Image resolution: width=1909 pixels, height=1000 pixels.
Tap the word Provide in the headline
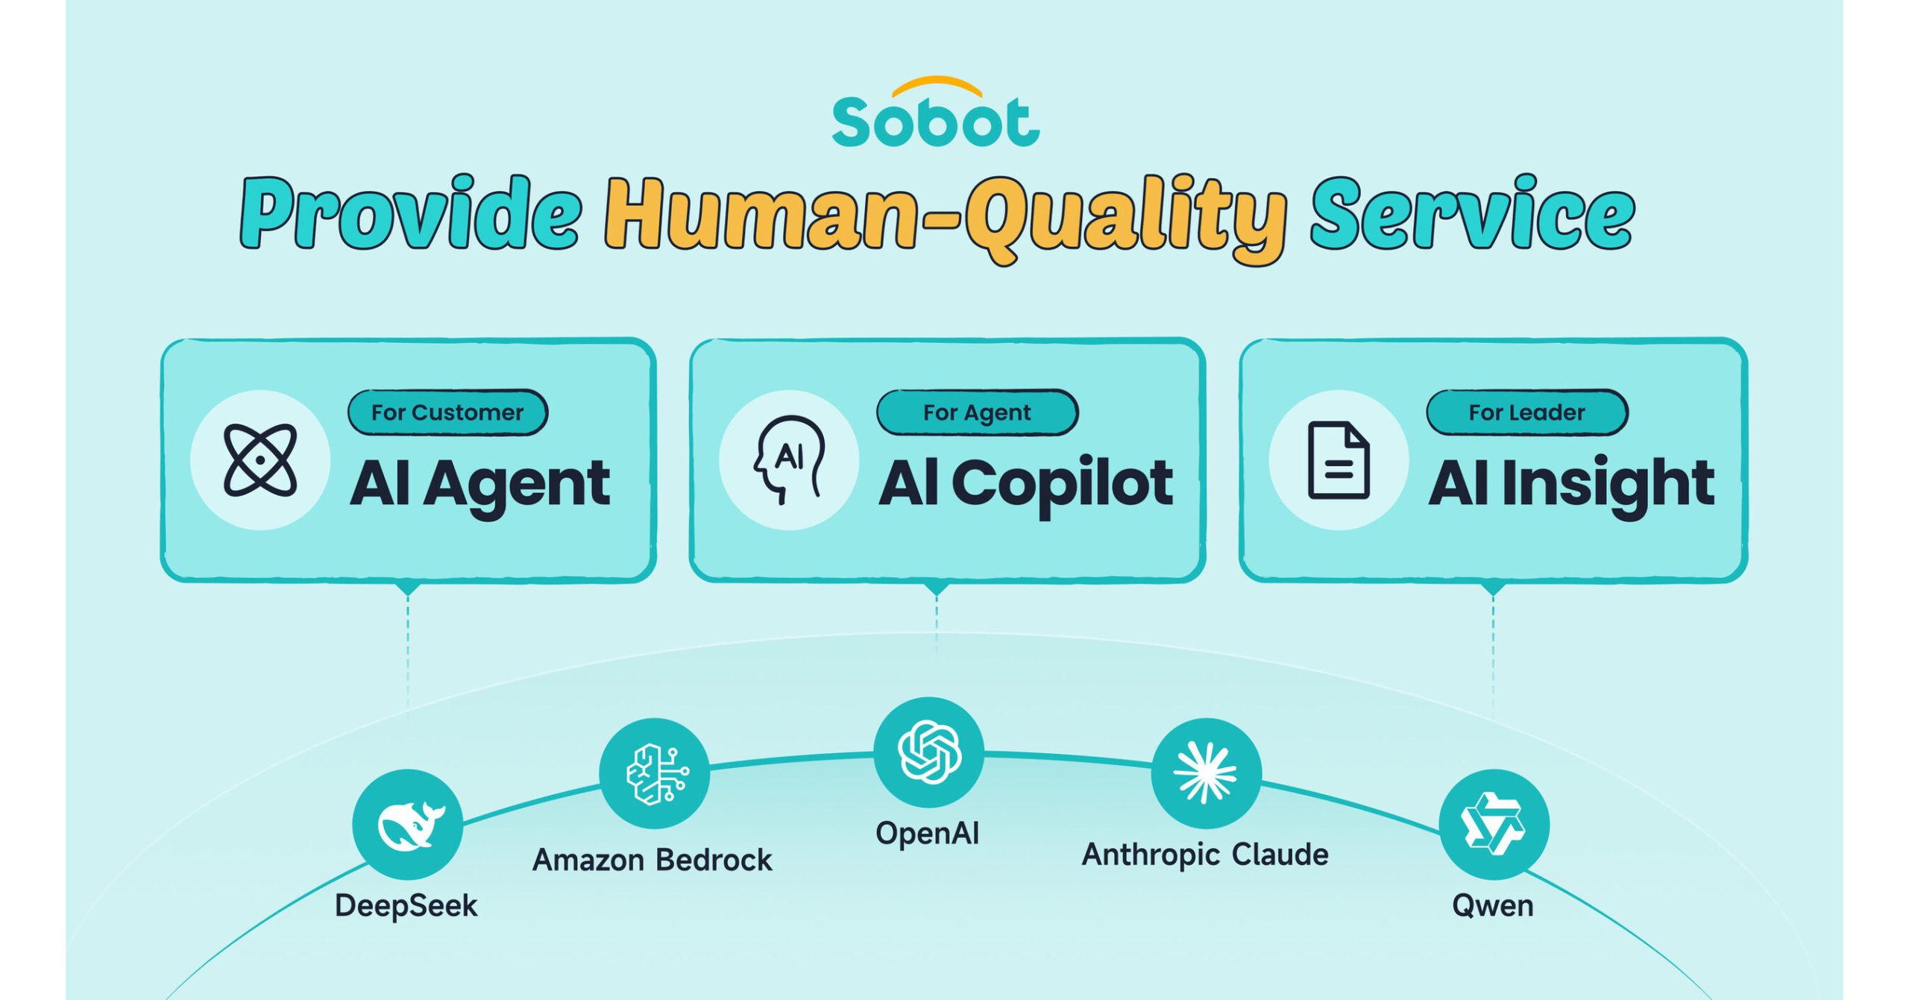click(x=411, y=213)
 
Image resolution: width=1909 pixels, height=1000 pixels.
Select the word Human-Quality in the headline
click(x=946, y=218)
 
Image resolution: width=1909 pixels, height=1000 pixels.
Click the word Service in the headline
click(x=1473, y=213)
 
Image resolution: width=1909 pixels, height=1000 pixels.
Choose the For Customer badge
click(x=448, y=412)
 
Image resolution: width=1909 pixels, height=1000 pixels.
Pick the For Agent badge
click(x=977, y=412)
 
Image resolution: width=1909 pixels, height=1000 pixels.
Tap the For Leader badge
click(x=1527, y=412)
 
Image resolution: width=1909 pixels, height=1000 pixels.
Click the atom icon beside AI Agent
click(x=260, y=460)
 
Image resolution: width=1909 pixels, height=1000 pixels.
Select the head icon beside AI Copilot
click(x=789, y=460)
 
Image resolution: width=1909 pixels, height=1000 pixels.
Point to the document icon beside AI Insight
click(x=1339, y=460)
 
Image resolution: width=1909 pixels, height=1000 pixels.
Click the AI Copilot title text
click(x=1026, y=484)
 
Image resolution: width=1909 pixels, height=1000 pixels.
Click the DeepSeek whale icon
click(x=408, y=825)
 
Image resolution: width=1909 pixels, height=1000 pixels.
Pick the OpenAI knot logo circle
click(x=929, y=752)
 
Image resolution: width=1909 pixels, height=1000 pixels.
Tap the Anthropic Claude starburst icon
click(x=1207, y=773)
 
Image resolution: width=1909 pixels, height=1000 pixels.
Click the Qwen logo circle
click(x=1494, y=825)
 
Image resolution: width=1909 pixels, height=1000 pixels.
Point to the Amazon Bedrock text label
click(x=652, y=861)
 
